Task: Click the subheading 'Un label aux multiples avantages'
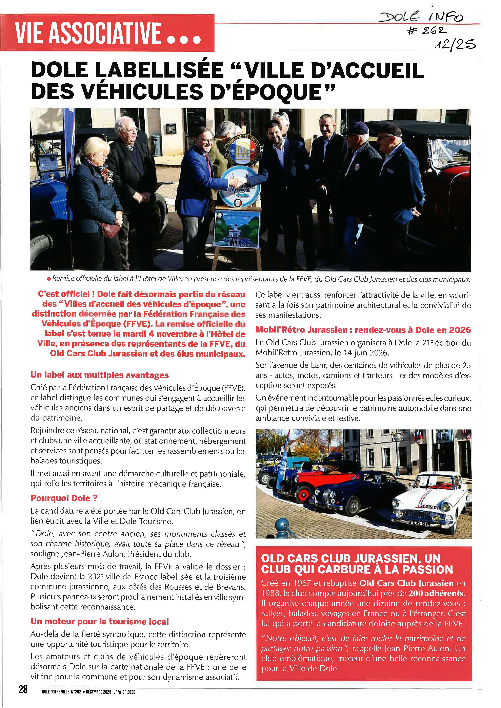(x=99, y=375)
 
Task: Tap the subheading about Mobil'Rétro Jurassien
(x=363, y=330)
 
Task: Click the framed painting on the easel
(x=236, y=228)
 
